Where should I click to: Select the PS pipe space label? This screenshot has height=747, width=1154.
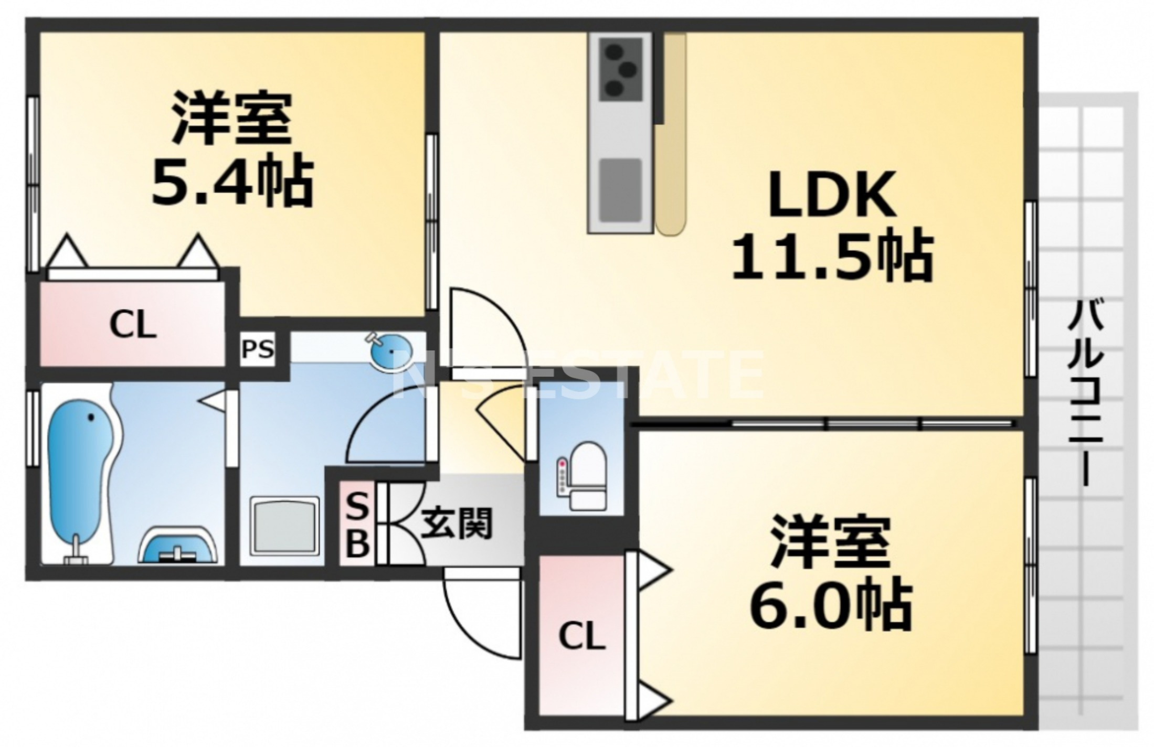point(257,349)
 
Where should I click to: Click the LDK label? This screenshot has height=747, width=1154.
point(832,194)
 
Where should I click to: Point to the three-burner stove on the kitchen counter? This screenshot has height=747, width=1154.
point(621,70)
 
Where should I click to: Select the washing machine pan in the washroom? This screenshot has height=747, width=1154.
point(285,525)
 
